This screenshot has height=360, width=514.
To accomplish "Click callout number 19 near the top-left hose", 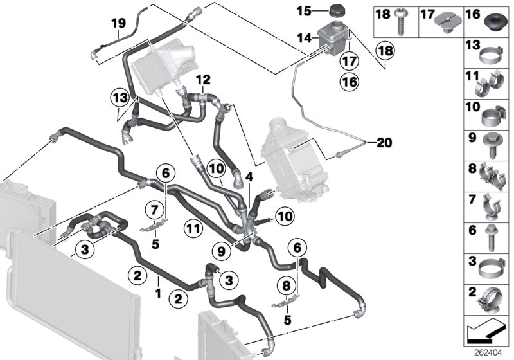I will tap(117, 24).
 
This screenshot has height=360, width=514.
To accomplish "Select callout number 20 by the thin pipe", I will tap(384, 142).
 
